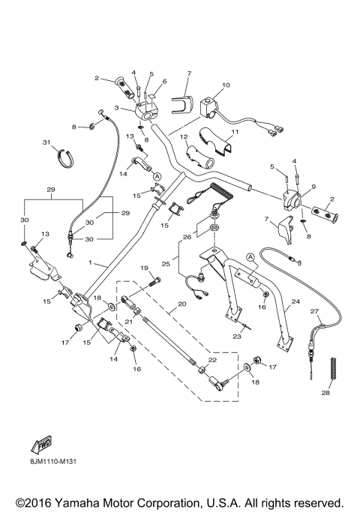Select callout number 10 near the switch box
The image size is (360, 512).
click(226, 85)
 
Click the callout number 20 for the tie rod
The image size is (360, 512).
click(180, 305)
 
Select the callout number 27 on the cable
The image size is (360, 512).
click(316, 311)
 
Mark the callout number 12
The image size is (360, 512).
click(182, 136)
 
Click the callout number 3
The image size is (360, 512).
click(117, 107)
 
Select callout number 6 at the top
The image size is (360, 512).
click(164, 82)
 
